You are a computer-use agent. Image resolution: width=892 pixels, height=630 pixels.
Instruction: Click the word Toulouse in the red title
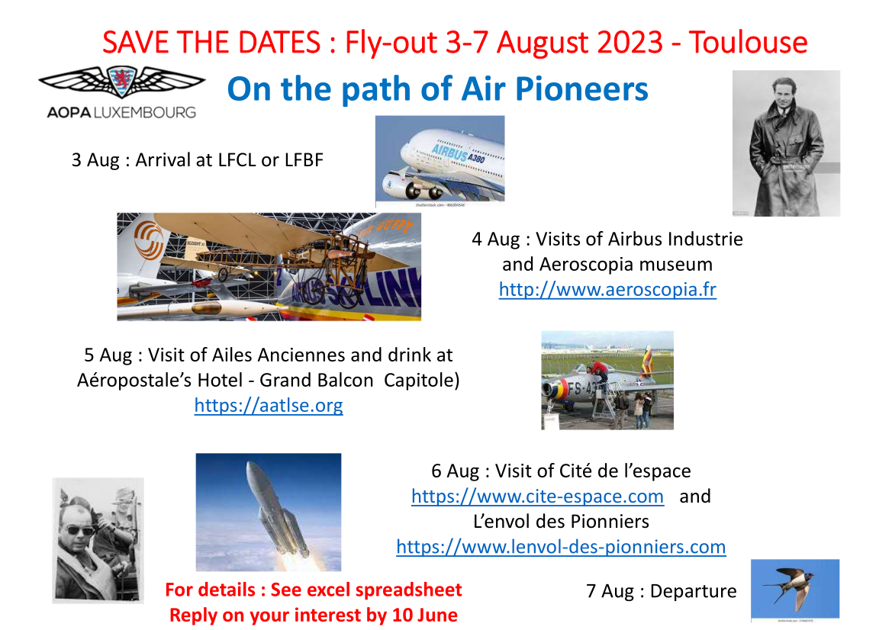point(748,42)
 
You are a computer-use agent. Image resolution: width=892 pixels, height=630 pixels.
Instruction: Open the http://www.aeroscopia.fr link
point(607,290)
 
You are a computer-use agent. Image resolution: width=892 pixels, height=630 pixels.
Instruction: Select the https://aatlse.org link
point(269,405)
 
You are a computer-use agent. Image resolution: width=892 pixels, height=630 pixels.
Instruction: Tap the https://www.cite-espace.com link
point(537,497)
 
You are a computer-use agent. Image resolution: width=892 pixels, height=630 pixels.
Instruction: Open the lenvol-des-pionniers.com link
point(561,547)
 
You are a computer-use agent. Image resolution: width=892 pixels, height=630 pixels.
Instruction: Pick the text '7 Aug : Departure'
point(661,591)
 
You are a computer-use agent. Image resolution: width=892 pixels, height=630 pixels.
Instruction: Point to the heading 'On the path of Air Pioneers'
point(437,89)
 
